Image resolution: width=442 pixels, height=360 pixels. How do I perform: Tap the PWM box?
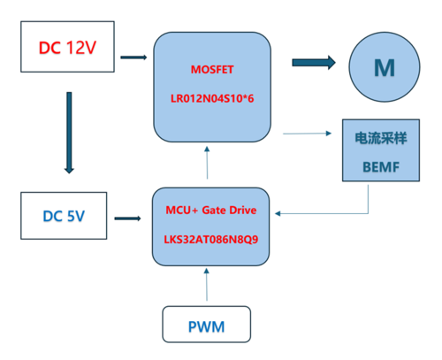point(205,326)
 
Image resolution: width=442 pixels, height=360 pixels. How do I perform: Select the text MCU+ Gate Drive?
point(211,211)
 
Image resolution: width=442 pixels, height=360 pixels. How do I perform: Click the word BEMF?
point(381,165)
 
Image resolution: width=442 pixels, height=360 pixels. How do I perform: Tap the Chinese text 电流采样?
point(381,139)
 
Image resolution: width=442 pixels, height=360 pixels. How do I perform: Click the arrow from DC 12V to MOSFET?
point(133,58)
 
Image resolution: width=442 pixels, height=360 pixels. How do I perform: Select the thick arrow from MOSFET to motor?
point(314,62)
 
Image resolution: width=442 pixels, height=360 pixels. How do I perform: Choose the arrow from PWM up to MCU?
point(207,287)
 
